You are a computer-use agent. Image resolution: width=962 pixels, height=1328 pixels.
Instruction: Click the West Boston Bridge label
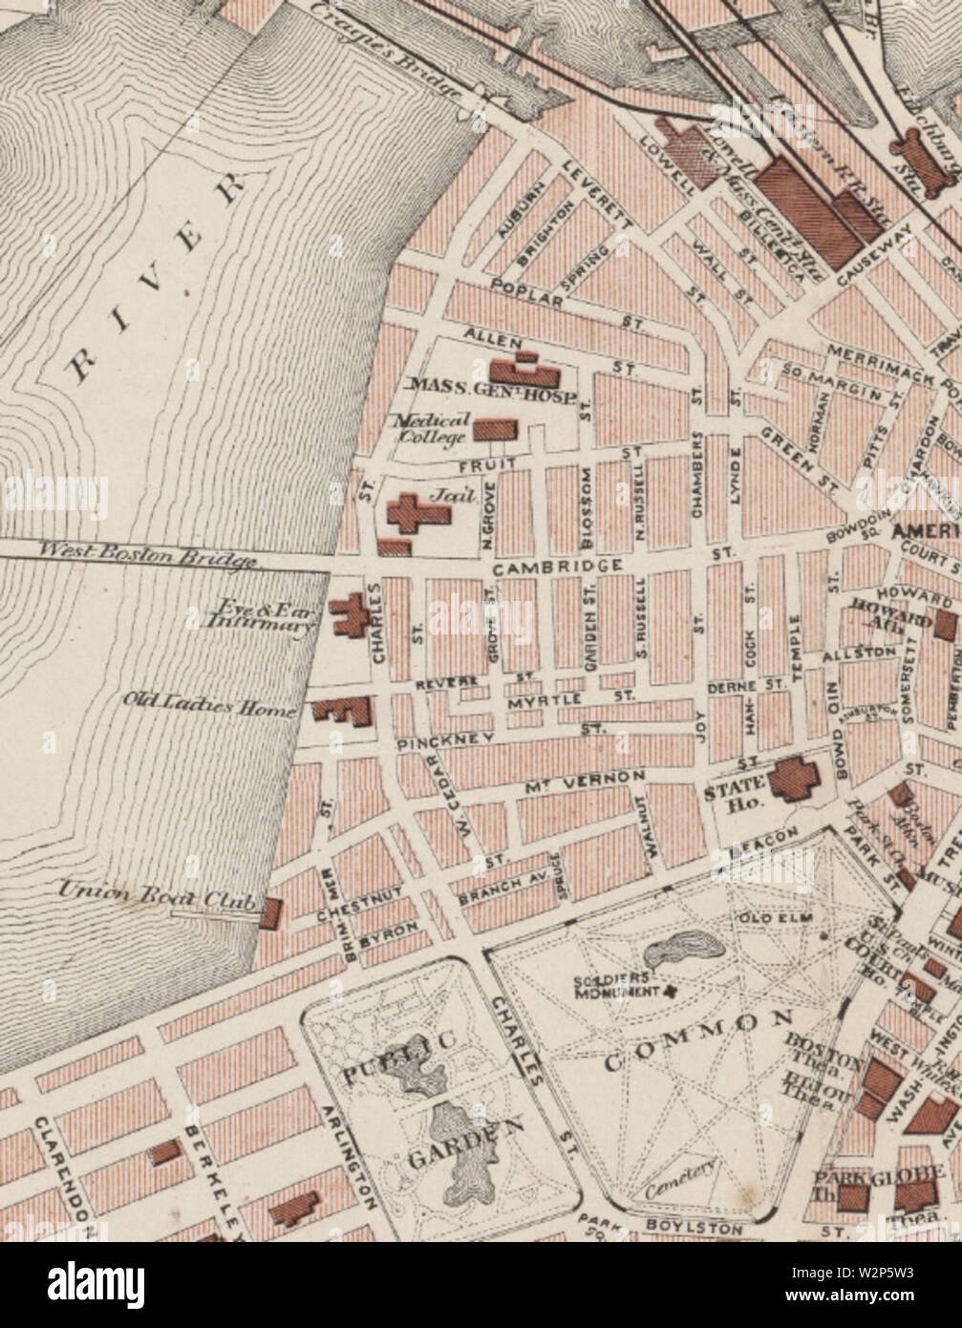tap(147, 553)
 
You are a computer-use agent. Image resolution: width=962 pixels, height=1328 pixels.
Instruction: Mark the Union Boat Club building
tap(271, 912)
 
